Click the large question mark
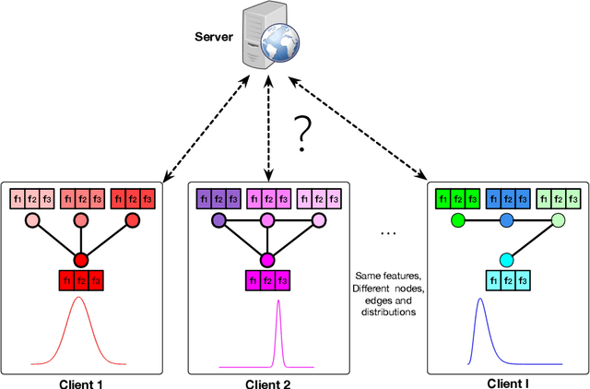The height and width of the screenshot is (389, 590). (x=299, y=135)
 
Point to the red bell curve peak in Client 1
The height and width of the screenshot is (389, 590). (x=79, y=300)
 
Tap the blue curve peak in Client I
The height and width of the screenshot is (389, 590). (x=479, y=301)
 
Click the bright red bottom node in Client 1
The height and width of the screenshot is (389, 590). (x=80, y=260)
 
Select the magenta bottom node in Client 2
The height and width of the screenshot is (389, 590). (x=268, y=260)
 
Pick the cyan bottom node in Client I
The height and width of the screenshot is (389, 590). (x=506, y=260)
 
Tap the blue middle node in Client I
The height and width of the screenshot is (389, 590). (x=506, y=221)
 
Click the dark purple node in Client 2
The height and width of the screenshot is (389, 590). (x=218, y=221)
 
